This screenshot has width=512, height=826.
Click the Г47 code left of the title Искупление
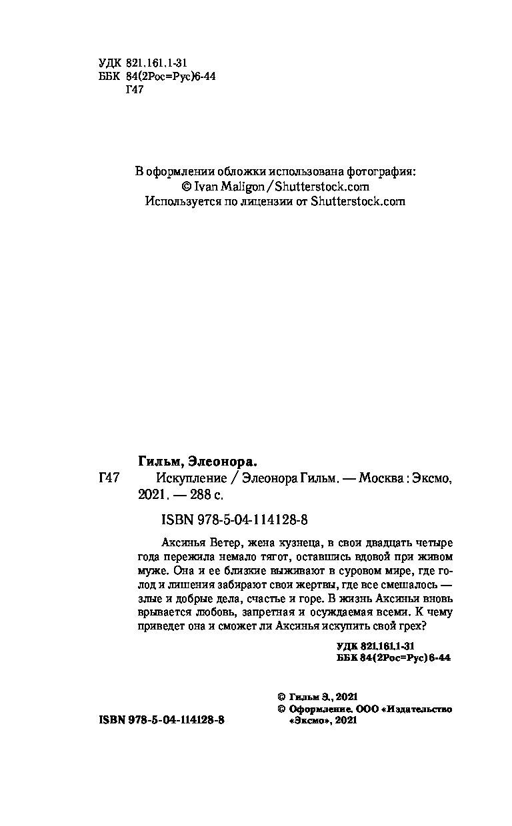[108, 478]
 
